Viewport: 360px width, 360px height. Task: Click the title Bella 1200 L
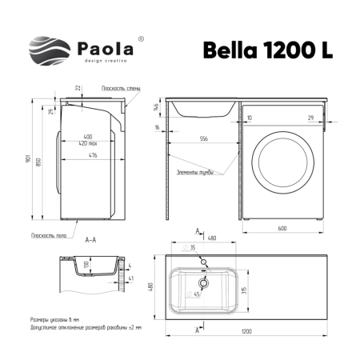click(x=257, y=49)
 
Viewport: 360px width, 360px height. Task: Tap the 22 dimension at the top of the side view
click(x=77, y=88)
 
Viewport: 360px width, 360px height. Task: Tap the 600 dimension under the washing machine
click(x=282, y=229)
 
